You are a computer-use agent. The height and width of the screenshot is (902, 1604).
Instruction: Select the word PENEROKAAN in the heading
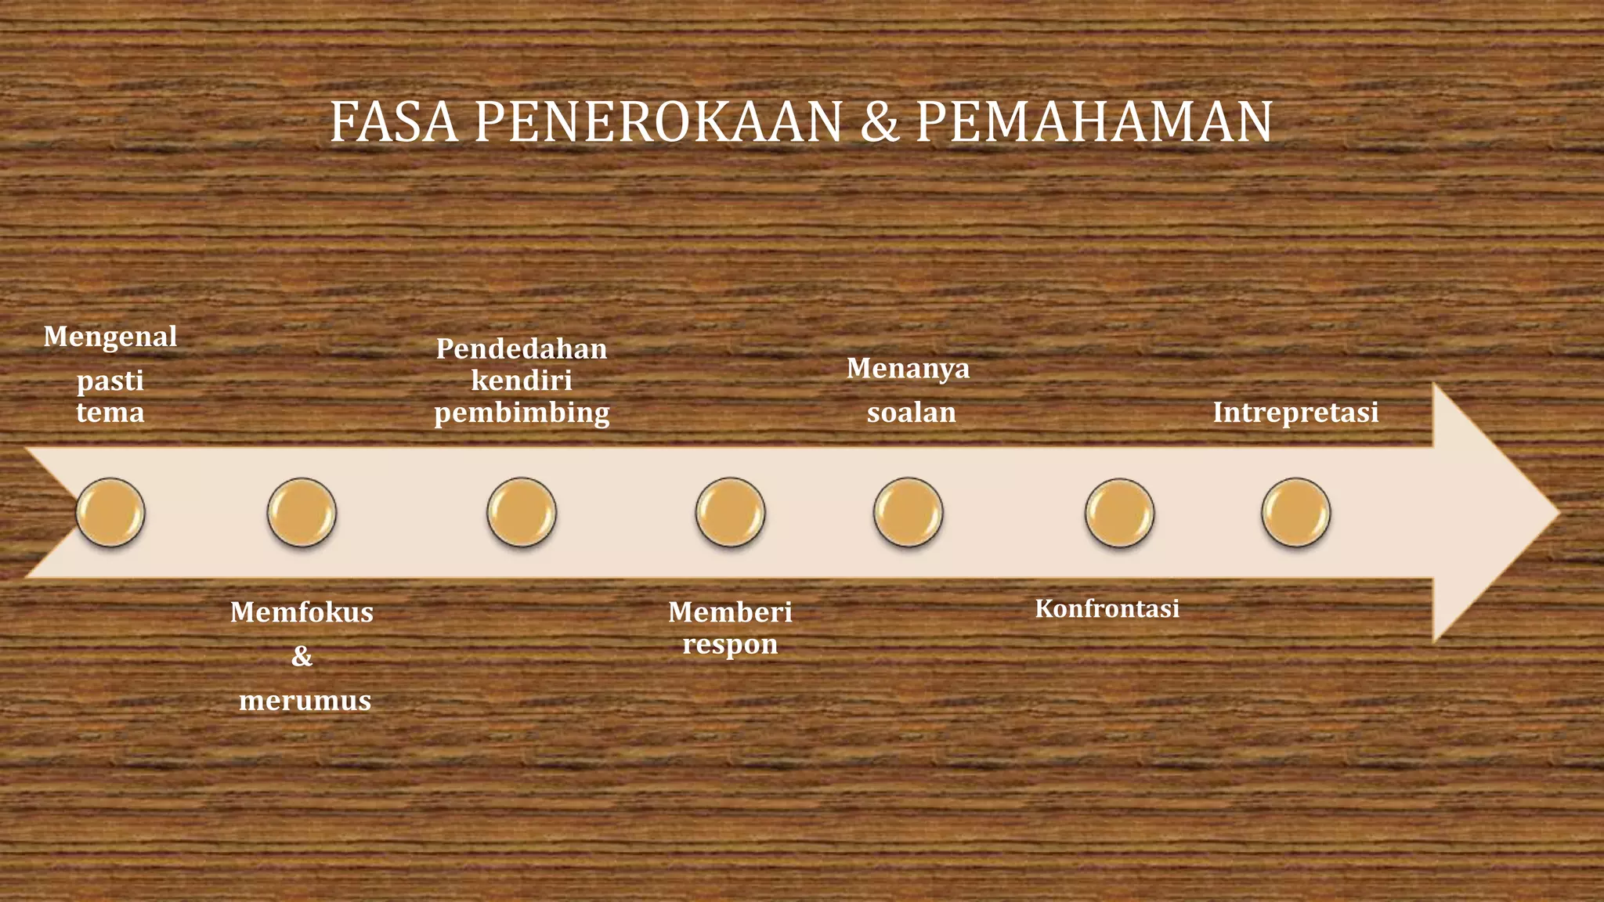pos(658,123)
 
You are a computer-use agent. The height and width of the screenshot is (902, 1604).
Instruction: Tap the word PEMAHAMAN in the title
pos(1094,123)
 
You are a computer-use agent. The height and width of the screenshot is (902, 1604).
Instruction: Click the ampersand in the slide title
pos(880,124)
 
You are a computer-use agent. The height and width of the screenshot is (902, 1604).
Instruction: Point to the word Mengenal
pos(110,337)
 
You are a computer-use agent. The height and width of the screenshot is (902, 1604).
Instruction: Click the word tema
pos(110,413)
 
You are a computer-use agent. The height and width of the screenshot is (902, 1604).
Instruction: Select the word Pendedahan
pos(522,348)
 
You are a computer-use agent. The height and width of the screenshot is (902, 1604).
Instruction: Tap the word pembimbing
pos(522,413)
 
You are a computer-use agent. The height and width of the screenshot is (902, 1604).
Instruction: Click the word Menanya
pos(908,368)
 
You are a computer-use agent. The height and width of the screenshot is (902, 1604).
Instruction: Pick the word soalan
pos(911,413)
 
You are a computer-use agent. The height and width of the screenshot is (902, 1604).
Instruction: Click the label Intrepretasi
pos(1295,413)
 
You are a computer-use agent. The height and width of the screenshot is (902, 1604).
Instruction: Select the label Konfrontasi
pos(1107,608)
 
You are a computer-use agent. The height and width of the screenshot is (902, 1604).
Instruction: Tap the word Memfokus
pos(302,612)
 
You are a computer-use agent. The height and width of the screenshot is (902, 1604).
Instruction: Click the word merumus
pos(305,700)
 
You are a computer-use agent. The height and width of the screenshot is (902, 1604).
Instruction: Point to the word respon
pos(730,645)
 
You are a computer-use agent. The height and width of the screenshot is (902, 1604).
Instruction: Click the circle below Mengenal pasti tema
pos(110,513)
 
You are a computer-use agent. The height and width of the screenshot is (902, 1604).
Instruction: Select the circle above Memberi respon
pos(730,513)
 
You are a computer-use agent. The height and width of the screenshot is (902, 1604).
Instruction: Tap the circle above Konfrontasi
pos(1119,513)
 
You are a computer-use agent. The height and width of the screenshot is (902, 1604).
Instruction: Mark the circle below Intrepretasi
pos(1295,513)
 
